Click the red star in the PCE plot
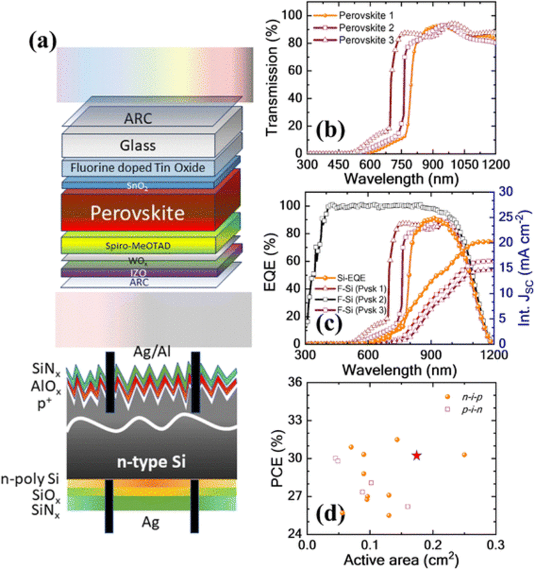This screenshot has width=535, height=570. pyautogui.click(x=416, y=455)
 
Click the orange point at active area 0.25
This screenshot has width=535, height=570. pyautogui.click(x=464, y=455)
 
